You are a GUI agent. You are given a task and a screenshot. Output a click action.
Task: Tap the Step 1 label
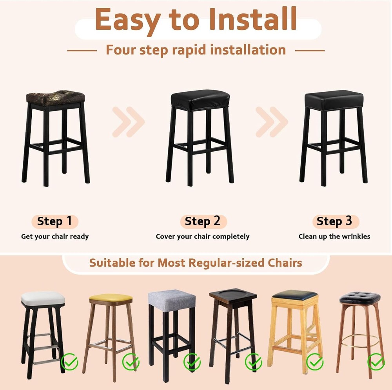click(x=54, y=221)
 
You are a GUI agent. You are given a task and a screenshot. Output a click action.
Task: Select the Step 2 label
click(x=203, y=221)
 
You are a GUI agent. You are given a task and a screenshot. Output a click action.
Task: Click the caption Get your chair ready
click(x=55, y=236)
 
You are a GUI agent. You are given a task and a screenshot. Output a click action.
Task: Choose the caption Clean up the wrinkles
click(x=334, y=236)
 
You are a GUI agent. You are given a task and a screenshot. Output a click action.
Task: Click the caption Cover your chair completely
click(x=203, y=236)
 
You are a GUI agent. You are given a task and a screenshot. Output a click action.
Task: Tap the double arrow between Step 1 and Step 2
click(x=128, y=122)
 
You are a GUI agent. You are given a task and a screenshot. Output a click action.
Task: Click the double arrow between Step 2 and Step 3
click(x=272, y=122)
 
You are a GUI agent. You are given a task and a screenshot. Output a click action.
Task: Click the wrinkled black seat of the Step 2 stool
click(x=200, y=99)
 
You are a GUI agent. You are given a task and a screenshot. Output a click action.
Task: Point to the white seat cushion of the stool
click(x=43, y=299)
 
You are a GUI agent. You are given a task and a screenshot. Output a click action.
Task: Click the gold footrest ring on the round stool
click(x=359, y=340)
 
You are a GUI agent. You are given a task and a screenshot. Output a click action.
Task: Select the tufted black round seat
click(x=359, y=297)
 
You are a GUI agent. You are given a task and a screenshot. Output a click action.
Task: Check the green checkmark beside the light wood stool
click(x=314, y=361)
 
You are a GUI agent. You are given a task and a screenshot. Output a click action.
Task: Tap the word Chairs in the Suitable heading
click(x=283, y=262)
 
